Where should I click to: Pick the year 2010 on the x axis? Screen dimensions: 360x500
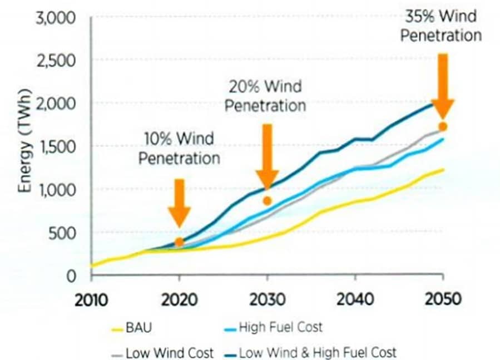[91, 299]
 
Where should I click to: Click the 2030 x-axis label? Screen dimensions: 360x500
[267, 299]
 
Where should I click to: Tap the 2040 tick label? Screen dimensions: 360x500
[355, 299]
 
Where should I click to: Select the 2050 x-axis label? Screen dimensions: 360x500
[443, 299]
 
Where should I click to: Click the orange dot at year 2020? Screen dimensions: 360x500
[179, 242]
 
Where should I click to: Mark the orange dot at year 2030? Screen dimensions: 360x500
[268, 201]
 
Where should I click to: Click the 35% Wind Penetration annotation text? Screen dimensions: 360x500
[440, 26]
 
